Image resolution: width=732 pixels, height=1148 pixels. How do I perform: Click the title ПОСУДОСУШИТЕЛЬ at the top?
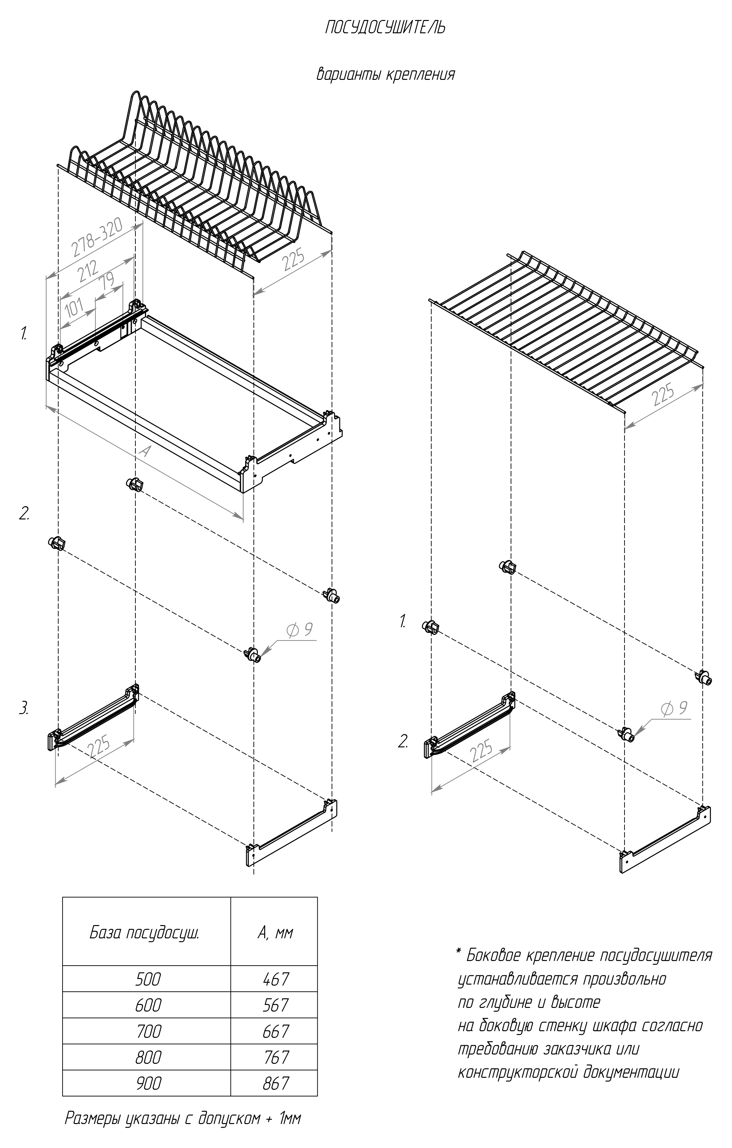point(385,28)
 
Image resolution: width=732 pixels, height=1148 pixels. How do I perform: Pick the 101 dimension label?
point(74,308)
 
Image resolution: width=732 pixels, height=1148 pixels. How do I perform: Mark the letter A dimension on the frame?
point(144,451)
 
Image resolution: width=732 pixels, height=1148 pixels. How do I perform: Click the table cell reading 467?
point(275,979)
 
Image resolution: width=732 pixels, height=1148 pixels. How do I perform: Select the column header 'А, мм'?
point(275,932)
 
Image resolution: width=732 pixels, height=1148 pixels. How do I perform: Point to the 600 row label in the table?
point(148,1005)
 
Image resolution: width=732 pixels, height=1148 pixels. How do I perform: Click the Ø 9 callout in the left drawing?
point(299,630)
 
